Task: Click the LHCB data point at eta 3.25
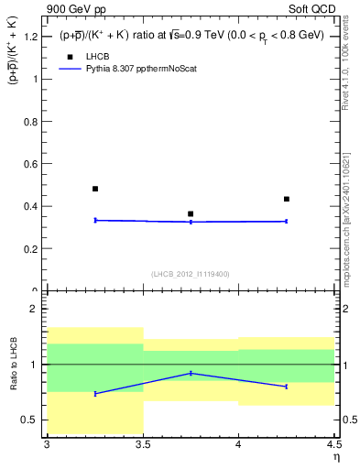(x=95, y=189)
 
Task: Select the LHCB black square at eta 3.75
(x=191, y=214)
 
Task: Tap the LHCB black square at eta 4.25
(x=287, y=199)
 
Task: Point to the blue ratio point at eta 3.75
(x=191, y=373)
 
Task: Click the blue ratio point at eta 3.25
(x=95, y=394)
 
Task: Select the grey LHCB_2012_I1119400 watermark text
(x=191, y=274)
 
